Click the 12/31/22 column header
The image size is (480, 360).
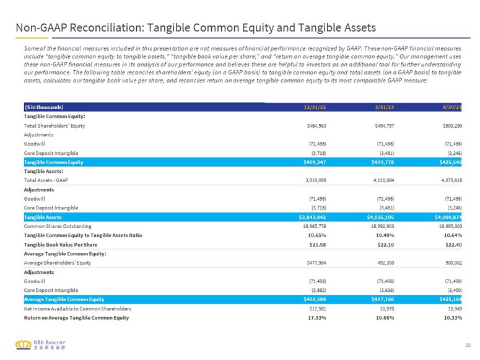(x=315, y=107)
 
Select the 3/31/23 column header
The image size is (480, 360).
(x=384, y=107)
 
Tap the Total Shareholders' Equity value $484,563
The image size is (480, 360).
(x=316, y=126)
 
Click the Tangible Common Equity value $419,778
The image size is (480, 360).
(x=383, y=162)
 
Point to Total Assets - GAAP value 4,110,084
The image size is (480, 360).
(x=383, y=180)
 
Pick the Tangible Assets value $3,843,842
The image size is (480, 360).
(x=312, y=217)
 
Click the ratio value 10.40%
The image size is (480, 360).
(x=385, y=235)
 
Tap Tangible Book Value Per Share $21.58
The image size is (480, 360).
(x=318, y=245)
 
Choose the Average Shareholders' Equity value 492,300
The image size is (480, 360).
(x=385, y=263)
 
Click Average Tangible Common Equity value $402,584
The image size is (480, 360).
(x=315, y=299)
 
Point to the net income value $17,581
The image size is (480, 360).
(x=318, y=309)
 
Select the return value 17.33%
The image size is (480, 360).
(x=317, y=318)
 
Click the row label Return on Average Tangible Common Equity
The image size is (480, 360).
(x=77, y=318)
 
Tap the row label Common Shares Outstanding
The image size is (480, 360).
(x=58, y=226)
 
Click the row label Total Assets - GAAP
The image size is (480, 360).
(x=46, y=180)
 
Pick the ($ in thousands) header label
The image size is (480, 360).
(x=44, y=107)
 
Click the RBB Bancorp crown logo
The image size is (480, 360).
(x=24, y=345)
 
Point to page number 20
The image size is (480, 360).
(x=468, y=345)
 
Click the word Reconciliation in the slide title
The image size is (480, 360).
(x=107, y=28)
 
